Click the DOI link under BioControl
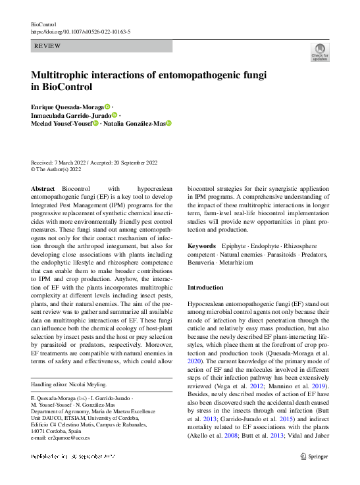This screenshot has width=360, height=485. (80, 32)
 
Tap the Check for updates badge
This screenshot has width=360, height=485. (319, 53)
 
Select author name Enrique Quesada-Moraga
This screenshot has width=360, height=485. (66, 107)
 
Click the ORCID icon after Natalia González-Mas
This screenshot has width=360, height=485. (168, 123)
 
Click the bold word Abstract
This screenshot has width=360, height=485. (43, 188)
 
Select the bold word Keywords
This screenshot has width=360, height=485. (201, 245)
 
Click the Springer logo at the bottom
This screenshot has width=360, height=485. (314, 456)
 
